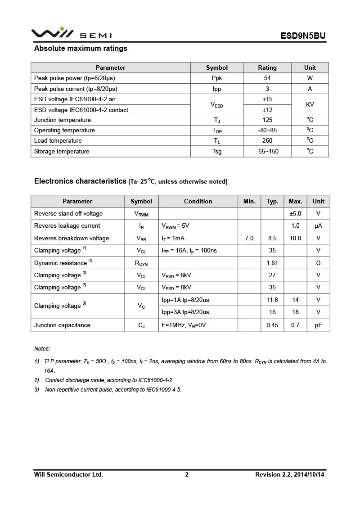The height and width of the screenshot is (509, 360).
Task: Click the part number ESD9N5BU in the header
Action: click(x=303, y=36)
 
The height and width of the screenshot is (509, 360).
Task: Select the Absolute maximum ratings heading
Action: click(x=81, y=49)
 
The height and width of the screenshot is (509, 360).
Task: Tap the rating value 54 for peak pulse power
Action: click(x=267, y=78)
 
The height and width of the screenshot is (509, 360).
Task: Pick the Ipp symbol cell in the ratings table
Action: click(x=217, y=89)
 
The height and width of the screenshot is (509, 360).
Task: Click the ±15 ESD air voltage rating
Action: click(x=267, y=99)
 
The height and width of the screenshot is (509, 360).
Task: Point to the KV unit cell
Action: click(x=310, y=104)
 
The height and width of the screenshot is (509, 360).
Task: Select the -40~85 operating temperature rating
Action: click(x=267, y=131)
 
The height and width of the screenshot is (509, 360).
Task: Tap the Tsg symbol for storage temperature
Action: click(x=217, y=152)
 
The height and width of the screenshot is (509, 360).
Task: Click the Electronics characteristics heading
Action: click(x=80, y=181)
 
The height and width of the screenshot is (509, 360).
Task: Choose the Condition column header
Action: click(x=198, y=201)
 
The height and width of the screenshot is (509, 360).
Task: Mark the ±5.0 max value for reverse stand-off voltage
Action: click(x=295, y=213)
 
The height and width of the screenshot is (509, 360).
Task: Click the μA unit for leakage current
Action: click(x=318, y=226)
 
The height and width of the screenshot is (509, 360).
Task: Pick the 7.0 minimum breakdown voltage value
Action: click(x=249, y=238)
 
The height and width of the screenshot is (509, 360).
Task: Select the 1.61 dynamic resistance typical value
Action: click(x=272, y=263)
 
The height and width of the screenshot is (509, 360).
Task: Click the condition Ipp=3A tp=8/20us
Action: click(x=185, y=312)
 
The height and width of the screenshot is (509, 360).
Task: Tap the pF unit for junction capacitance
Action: click(x=318, y=325)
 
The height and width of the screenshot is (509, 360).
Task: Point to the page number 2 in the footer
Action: click(x=187, y=474)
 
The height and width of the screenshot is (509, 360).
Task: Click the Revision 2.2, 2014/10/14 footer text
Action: click(x=290, y=474)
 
